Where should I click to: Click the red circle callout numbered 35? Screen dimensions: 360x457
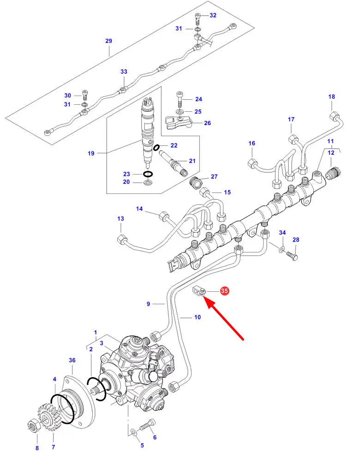224,291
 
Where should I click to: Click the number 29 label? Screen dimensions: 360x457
109,41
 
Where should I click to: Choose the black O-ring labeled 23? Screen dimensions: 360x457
148,174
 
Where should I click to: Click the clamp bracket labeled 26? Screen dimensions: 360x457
178,122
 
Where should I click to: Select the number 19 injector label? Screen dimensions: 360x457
91,153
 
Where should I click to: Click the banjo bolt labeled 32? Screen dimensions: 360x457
198,19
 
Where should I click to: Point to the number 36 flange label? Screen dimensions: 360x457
72,360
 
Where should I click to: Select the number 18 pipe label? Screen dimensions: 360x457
331,96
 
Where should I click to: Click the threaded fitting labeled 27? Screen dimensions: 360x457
196,182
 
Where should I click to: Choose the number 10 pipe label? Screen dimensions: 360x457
198,317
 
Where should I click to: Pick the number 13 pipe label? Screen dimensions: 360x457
120,219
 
